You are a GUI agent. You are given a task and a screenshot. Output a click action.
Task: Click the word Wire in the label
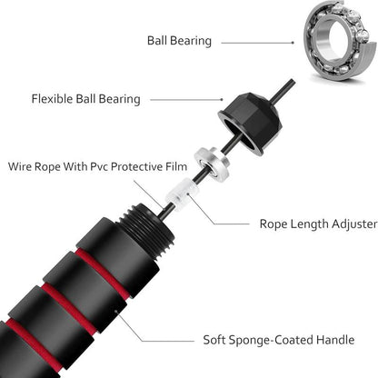23,166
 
